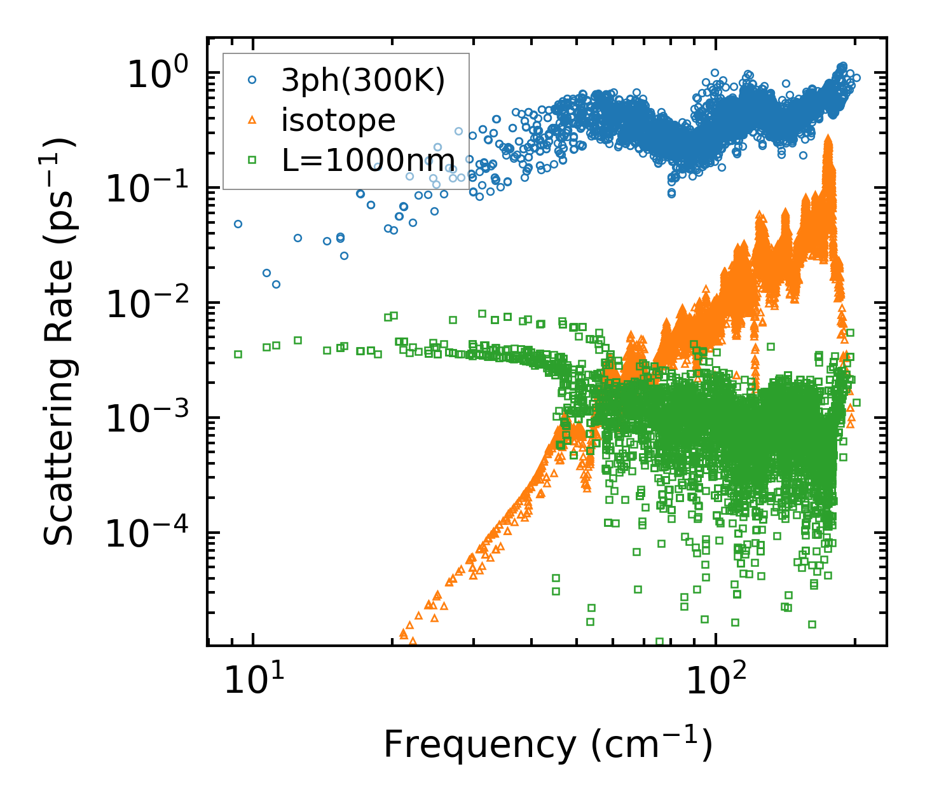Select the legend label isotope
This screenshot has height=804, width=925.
(338, 121)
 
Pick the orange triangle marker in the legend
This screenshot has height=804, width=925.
(252, 119)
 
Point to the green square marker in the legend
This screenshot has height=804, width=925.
(252, 160)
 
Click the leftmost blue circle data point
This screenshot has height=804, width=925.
(238, 224)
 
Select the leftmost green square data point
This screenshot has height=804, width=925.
(238, 354)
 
